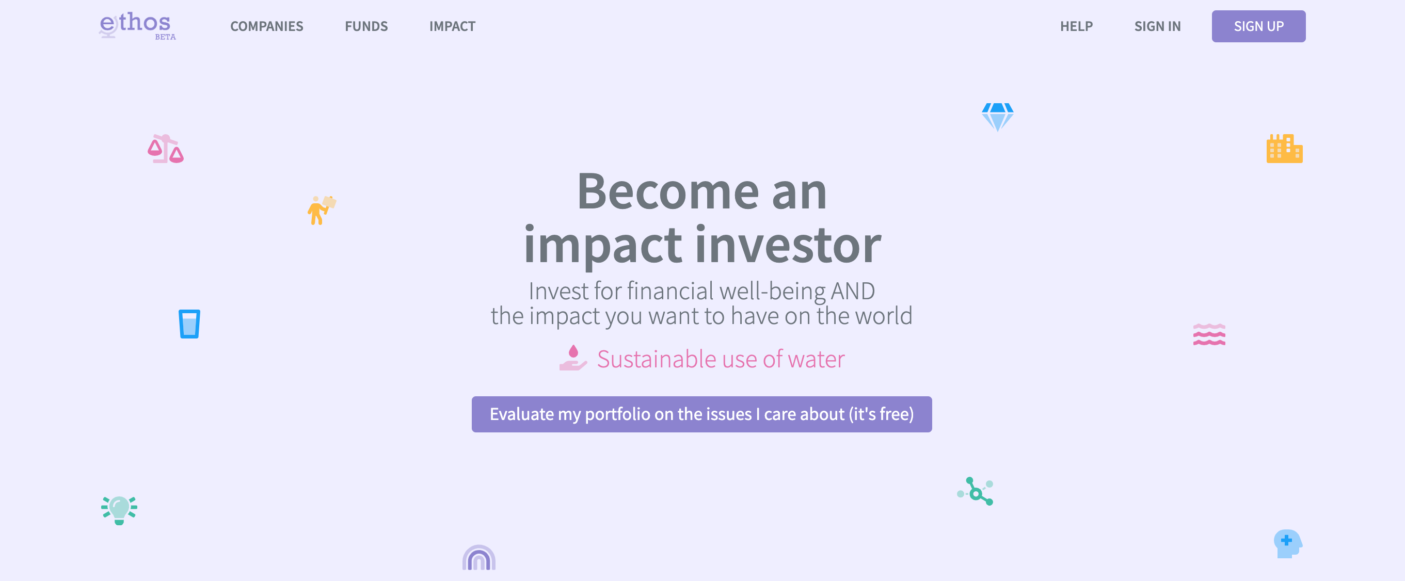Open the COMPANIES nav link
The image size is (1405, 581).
(266, 26)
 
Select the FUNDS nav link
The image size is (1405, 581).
(366, 26)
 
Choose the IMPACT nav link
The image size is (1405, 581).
(452, 26)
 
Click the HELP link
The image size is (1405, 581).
(1076, 26)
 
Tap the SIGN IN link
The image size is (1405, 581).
(1157, 26)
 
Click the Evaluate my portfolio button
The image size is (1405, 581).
(701, 414)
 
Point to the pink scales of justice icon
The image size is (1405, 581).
(165, 149)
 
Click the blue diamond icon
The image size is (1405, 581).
(997, 117)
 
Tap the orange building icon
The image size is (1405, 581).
(1284, 149)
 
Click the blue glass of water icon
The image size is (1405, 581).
(189, 324)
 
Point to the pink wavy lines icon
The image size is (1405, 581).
(1209, 335)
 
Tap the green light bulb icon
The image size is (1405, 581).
(119, 510)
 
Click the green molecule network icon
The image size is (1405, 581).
(976, 492)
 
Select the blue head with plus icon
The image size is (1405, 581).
(1287, 543)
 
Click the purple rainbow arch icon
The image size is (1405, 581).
(479, 558)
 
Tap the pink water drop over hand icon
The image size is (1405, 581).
(573, 358)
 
